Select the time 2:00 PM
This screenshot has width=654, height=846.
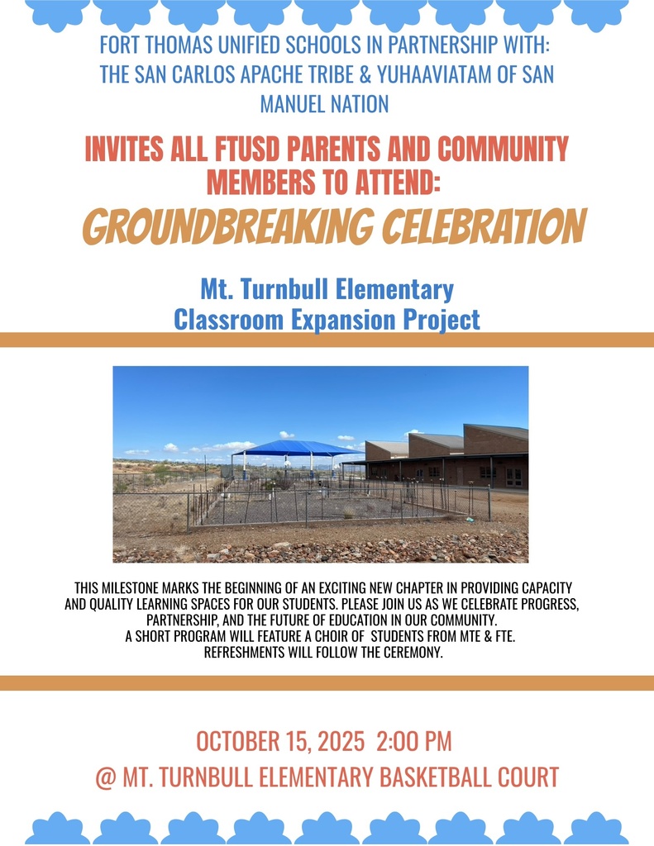click(x=413, y=741)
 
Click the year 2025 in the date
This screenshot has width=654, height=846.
click(x=339, y=741)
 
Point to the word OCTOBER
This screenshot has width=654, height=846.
click(x=234, y=741)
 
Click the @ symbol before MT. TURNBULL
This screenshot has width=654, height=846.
click(x=105, y=777)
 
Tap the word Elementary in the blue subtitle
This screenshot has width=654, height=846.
click(x=398, y=290)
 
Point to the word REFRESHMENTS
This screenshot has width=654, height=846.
click(x=248, y=653)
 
